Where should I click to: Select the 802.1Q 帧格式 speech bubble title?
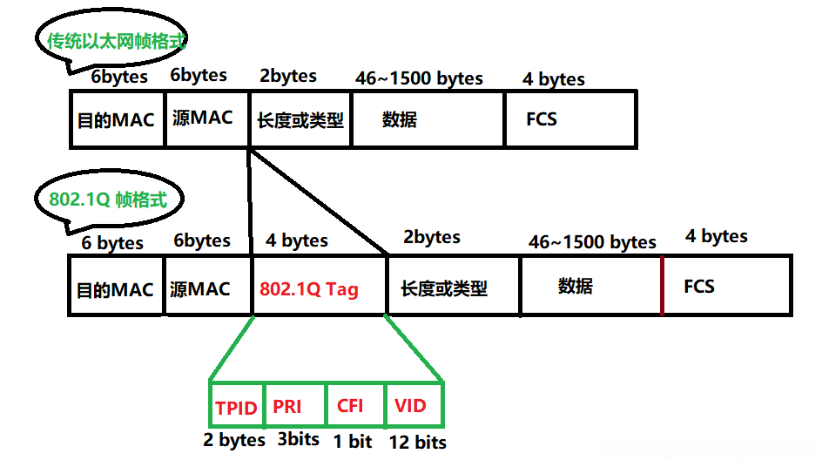pos(107,200)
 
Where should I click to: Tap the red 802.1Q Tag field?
pos(309,289)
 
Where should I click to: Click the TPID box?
pos(236,408)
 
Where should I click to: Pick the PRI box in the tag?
pos(287,407)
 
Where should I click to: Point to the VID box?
pos(410,407)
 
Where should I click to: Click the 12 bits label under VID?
pos(417,443)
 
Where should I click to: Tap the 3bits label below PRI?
pos(299,439)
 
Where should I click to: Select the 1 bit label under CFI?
pos(353,442)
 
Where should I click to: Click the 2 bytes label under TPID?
pos(234,440)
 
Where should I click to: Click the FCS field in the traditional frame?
pos(542,118)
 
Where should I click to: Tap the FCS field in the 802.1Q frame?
pos(699,287)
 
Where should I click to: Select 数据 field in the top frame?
pos(400,119)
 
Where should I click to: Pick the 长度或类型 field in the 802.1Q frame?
pos(444,288)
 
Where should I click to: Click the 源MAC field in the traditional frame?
pos(203,118)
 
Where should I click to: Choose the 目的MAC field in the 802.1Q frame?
pos(115,289)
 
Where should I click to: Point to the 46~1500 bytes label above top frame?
pos(419,78)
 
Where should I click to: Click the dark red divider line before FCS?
pos(662,286)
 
